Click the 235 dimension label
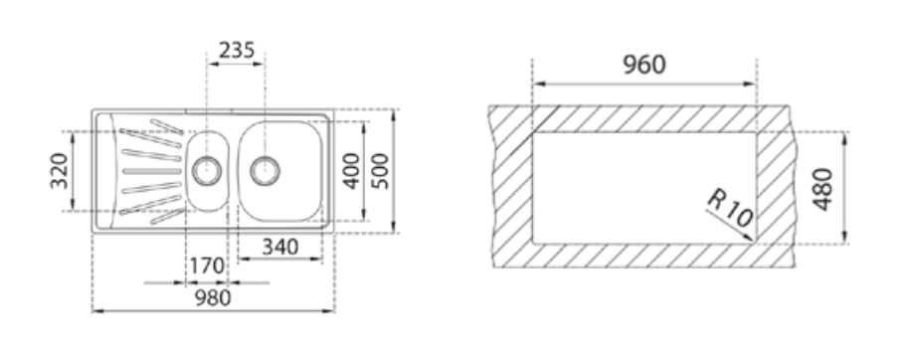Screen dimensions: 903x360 (237, 51)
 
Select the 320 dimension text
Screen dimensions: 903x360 (60, 170)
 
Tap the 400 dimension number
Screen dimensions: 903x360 (351, 170)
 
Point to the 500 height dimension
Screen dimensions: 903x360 (380, 170)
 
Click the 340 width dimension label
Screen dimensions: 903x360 (280, 247)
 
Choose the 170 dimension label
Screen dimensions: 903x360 (207, 267)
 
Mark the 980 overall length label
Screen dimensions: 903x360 (213, 298)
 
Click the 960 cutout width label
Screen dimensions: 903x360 (644, 65)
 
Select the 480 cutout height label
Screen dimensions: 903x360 (822, 189)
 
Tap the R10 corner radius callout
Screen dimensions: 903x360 (730, 208)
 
